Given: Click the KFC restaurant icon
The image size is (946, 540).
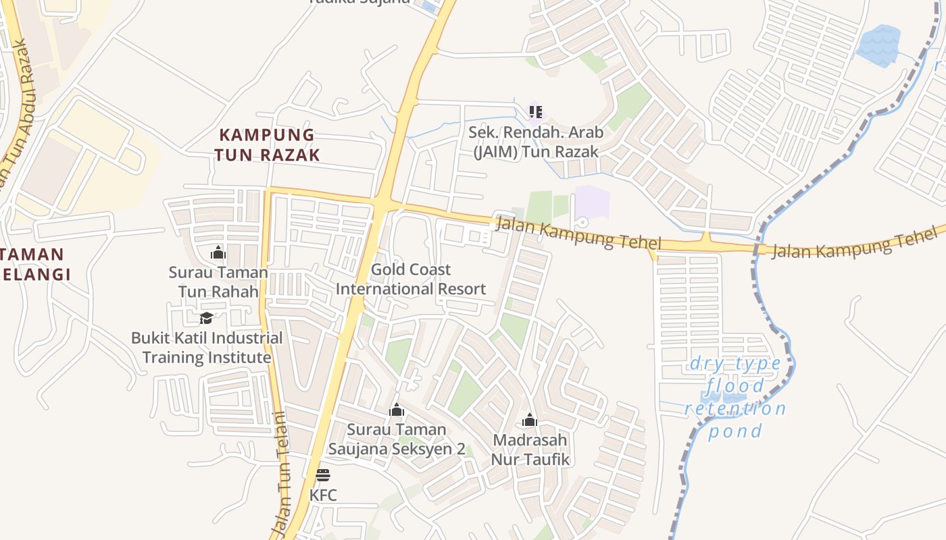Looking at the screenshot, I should pos(323,475).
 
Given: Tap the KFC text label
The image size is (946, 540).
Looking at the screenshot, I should pos(323,495).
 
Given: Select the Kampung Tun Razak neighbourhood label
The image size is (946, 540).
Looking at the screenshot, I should pos(267,144).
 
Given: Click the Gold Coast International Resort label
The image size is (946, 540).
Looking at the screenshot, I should pos(411,279).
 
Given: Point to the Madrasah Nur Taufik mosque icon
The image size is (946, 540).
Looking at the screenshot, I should pos(530,421).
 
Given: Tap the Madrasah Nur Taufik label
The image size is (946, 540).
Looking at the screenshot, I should pos(530,450).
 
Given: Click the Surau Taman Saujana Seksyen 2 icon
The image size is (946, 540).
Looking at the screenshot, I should pos(397,410).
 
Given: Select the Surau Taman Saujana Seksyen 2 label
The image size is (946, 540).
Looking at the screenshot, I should pos(397,439).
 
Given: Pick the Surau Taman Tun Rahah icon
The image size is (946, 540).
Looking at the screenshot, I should pos(218,252).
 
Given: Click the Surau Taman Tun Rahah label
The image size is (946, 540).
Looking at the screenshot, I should pos(218,282).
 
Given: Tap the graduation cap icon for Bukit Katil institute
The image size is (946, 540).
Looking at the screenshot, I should pos(207,317).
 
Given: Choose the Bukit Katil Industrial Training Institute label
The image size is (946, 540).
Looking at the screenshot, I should pos(207,347).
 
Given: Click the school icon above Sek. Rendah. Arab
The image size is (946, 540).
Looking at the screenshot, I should pos(536,112).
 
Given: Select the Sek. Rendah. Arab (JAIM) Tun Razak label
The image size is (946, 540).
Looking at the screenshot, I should pos(536,142).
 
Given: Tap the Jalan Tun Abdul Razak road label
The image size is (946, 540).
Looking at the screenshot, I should pos(15,115).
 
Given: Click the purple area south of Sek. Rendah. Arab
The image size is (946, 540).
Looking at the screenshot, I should pos(592,202).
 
